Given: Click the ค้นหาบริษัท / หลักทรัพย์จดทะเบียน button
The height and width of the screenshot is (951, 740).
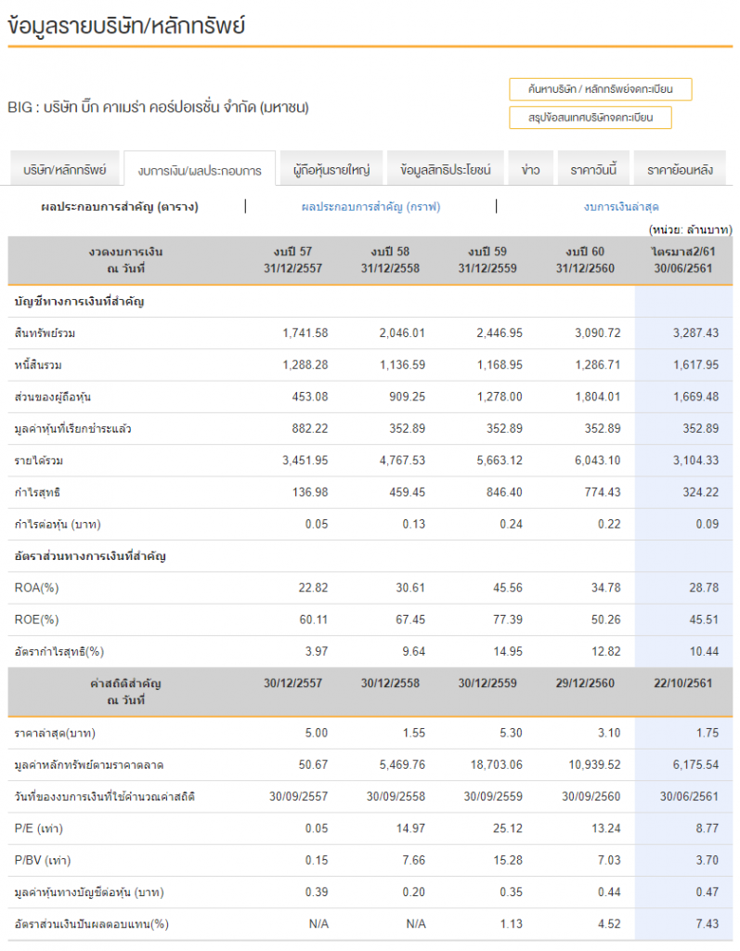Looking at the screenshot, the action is pyautogui.click(x=600, y=89).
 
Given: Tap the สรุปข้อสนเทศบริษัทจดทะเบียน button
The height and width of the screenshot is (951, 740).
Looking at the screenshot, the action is pyautogui.click(x=591, y=118).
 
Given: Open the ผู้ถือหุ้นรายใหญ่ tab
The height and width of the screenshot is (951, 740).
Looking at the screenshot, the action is pyautogui.click(x=331, y=169).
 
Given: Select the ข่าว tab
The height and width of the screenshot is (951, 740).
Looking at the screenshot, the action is pyautogui.click(x=530, y=169).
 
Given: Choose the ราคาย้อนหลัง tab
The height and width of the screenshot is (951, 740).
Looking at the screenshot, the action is pyautogui.click(x=680, y=169).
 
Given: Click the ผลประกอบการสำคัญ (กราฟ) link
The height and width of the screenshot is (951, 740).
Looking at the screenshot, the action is pyautogui.click(x=370, y=207).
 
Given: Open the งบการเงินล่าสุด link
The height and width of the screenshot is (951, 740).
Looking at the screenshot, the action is pyautogui.click(x=621, y=207).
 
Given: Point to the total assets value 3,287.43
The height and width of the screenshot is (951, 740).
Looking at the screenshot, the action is pyautogui.click(x=695, y=333).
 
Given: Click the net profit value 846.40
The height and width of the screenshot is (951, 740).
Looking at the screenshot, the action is pyautogui.click(x=504, y=492).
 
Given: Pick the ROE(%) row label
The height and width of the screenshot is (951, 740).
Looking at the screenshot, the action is pyautogui.click(x=36, y=619).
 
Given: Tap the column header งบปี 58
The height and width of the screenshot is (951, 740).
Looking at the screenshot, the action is pyautogui.click(x=390, y=251).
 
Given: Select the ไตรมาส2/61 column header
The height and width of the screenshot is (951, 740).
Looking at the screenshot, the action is pyautogui.click(x=683, y=251).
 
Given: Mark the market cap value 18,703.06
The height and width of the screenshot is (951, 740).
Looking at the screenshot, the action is pyautogui.click(x=496, y=764).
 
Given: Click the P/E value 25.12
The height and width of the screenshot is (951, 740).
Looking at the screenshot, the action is pyautogui.click(x=507, y=827).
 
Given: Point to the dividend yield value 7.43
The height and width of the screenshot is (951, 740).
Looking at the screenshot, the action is pyautogui.click(x=708, y=924).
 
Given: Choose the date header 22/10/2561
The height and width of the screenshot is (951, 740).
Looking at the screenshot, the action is pyautogui.click(x=683, y=683).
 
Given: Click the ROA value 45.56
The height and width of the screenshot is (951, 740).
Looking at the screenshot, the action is pyautogui.click(x=507, y=588).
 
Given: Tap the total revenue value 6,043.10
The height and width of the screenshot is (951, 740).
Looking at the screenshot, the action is pyautogui.click(x=597, y=461).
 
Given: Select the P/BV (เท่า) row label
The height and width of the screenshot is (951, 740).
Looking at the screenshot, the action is pyautogui.click(x=43, y=860).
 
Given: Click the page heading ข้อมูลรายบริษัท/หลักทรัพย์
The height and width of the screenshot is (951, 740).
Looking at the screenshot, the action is pyautogui.click(x=126, y=25).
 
